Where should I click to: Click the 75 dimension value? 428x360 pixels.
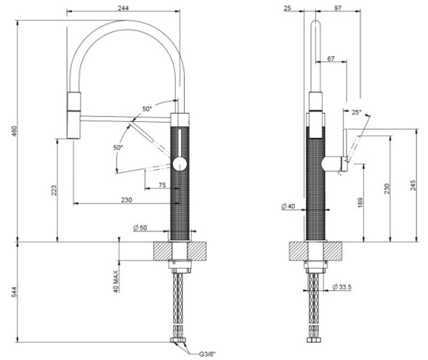162,185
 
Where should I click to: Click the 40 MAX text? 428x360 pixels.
115,280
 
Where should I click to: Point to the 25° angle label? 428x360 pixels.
356,112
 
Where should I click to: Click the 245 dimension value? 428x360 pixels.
412,185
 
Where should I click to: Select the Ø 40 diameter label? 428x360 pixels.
289,206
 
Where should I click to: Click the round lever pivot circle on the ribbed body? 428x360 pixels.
180,163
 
